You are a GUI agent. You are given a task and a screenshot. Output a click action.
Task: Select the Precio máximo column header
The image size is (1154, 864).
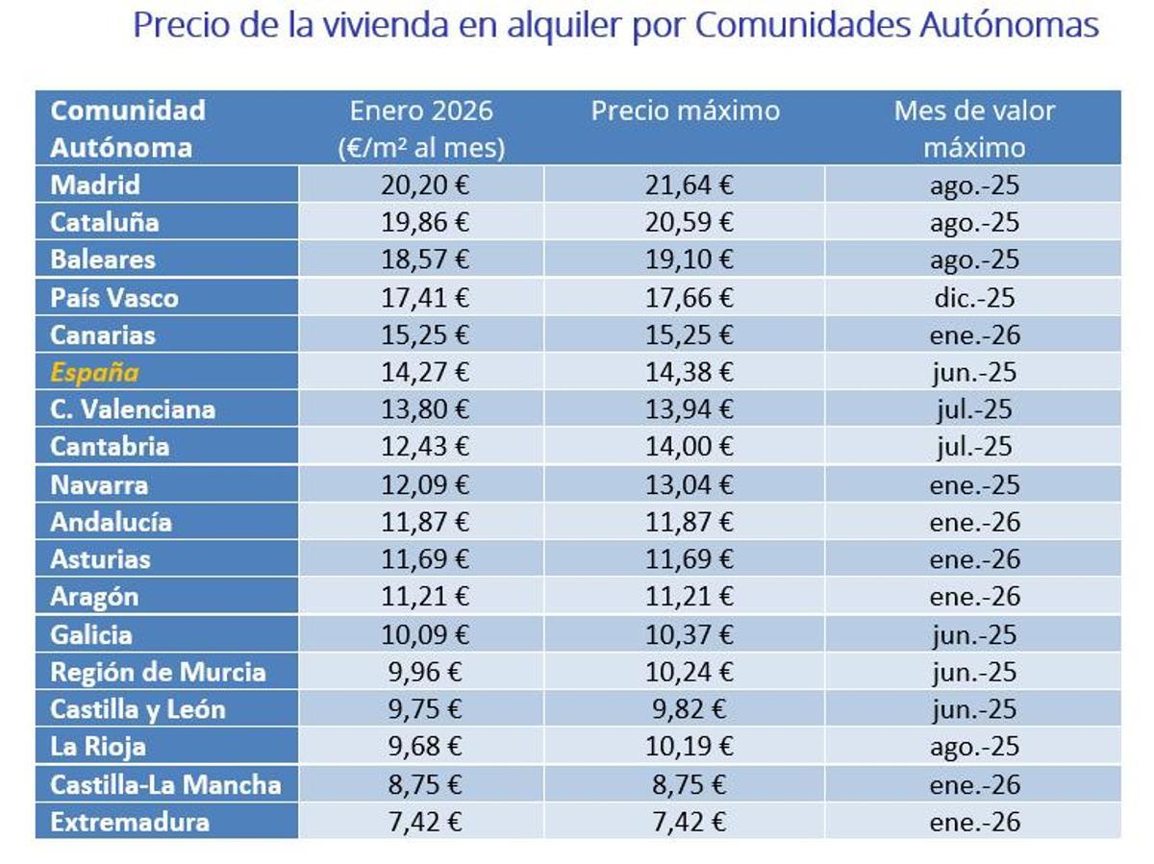[x=685, y=111]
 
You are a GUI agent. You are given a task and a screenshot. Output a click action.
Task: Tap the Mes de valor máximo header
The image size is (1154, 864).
[x=974, y=129]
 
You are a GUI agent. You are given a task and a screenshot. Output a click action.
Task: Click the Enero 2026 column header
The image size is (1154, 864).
[x=421, y=129]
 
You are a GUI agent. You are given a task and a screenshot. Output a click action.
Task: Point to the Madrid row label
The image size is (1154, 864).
[x=95, y=185]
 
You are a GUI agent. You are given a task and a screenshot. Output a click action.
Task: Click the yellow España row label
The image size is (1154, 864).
[x=94, y=372]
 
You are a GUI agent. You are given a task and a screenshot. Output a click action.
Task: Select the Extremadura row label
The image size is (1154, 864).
[x=130, y=823]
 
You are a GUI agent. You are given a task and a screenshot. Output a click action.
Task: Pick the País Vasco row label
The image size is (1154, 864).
[x=114, y=298]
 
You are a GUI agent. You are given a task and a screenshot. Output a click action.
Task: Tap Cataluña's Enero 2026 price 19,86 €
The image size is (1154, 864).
[x=424, y=222]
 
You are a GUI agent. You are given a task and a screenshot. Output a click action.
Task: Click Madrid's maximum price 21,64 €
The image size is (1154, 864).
[x=689, y=185]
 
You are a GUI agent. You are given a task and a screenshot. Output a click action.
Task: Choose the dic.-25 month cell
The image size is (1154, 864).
[x=974, y=298]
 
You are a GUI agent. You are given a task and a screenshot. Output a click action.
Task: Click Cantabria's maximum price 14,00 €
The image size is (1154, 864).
[x=689, y=447]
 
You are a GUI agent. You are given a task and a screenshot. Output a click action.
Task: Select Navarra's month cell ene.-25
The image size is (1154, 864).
[x=974, y=484]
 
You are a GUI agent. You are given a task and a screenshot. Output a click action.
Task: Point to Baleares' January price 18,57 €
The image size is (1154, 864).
[x=424, y=259]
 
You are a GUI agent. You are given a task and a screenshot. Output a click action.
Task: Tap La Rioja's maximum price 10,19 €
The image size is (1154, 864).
[x=689, y=747]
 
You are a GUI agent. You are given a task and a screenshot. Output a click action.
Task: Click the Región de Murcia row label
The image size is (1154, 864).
[x=158, y=672]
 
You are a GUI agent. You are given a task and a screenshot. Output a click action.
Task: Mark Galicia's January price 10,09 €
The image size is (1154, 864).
[x=424, y=634]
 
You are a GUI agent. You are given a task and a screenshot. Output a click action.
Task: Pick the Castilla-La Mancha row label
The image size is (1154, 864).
[x=165, y=785]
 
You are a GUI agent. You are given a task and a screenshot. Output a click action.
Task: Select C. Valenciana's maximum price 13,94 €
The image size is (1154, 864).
[x=689, y=409]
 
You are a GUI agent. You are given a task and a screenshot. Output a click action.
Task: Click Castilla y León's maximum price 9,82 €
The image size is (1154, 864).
[x=689, y=709]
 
